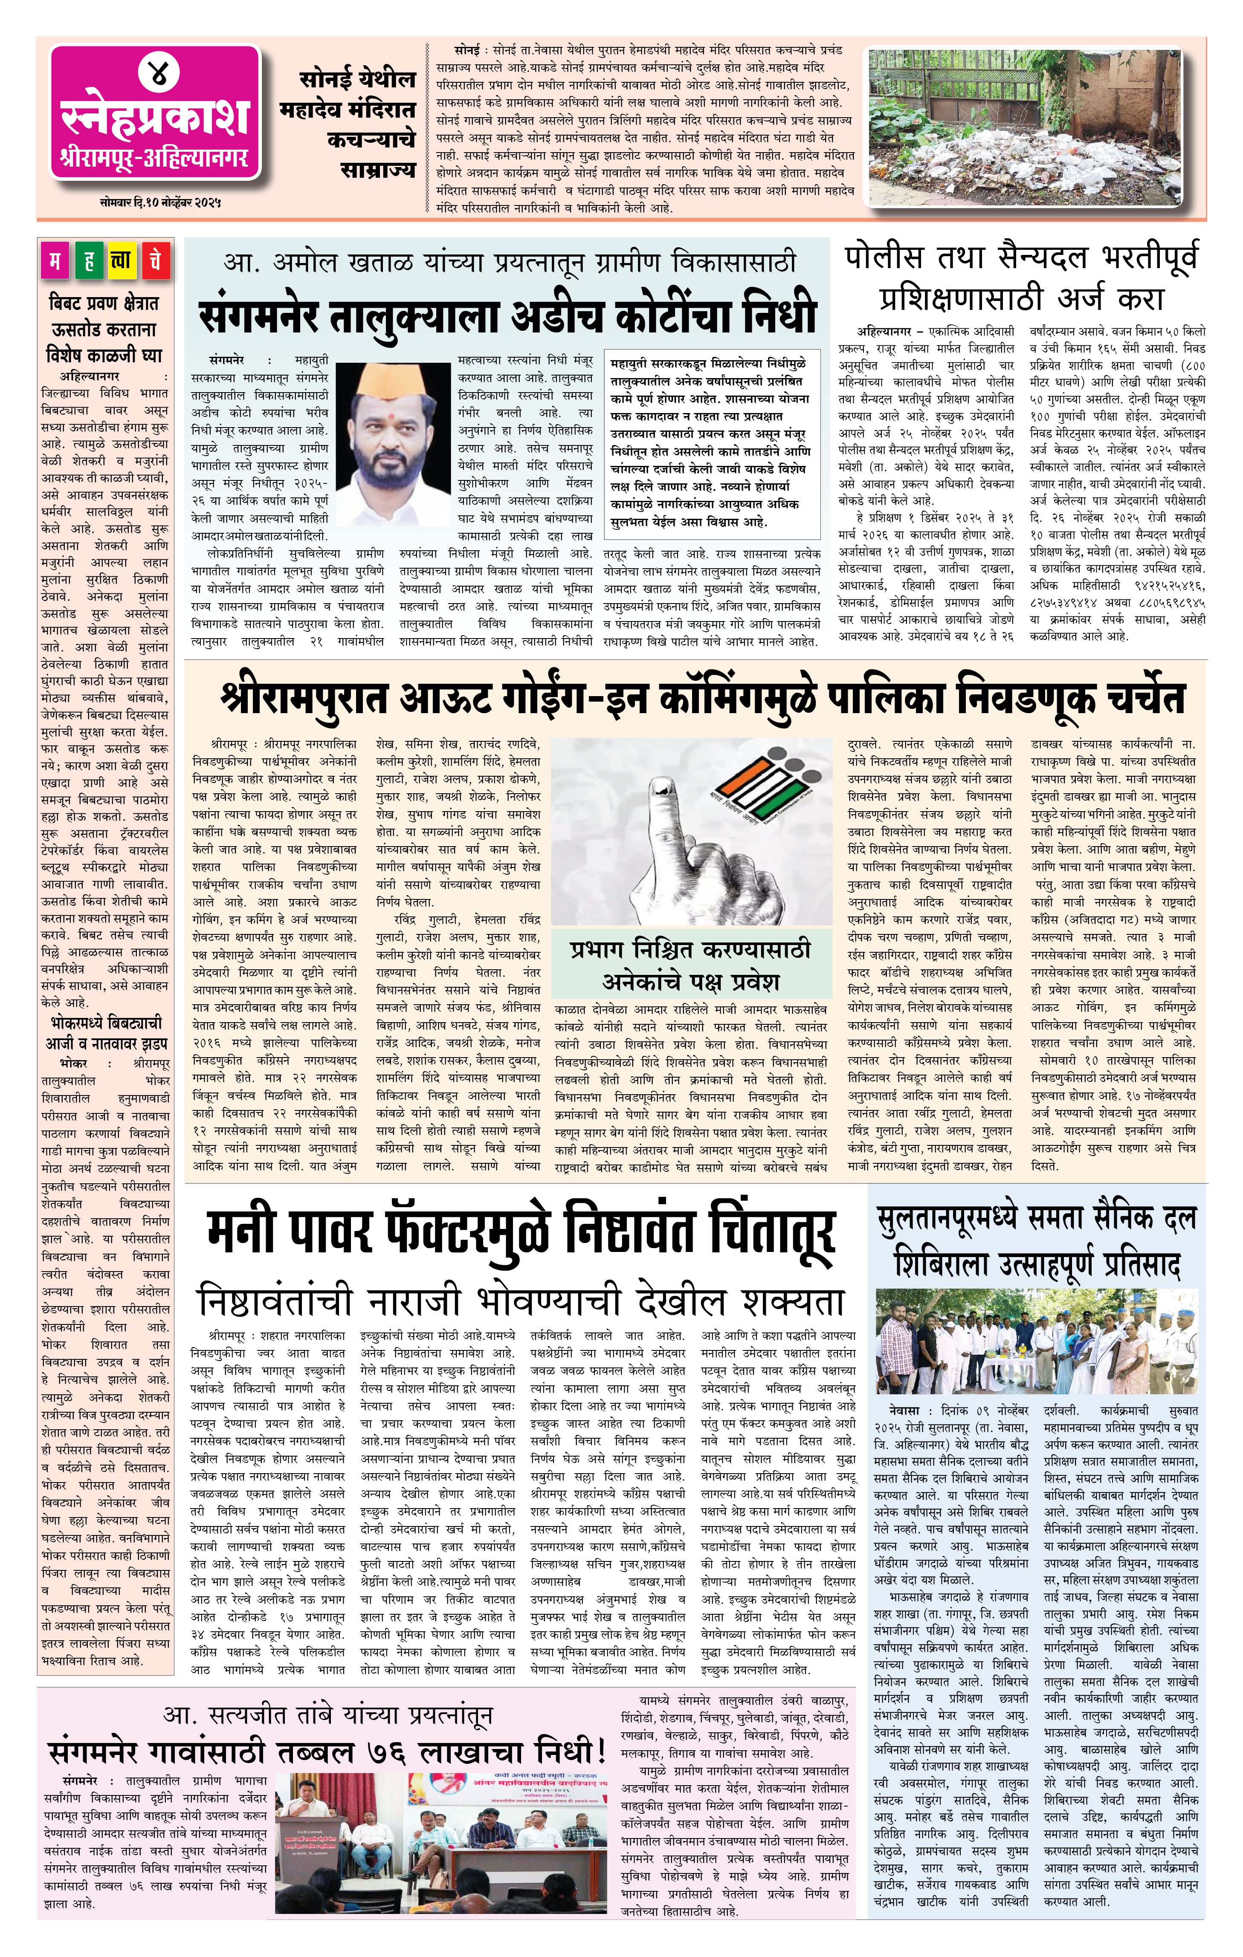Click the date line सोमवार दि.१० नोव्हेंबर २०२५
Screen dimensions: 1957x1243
[156, 200]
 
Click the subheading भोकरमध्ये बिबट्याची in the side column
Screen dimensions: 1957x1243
[106, 1022]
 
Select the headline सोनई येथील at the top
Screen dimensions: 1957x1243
[358, 80]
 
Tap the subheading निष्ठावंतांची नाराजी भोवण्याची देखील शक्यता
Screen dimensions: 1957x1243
[520, 1300]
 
